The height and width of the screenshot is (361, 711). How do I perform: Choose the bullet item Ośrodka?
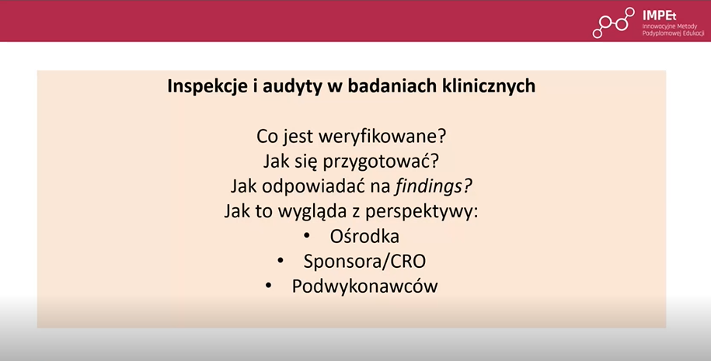364,236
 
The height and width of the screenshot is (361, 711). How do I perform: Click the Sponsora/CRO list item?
364,262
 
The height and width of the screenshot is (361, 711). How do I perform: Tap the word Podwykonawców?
364,286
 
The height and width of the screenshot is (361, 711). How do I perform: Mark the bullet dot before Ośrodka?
306,236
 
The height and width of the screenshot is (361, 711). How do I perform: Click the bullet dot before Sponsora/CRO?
281,261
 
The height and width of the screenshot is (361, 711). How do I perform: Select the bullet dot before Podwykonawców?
268,286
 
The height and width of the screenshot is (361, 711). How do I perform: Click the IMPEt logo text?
659,16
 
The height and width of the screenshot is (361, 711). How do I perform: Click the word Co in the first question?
267,137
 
